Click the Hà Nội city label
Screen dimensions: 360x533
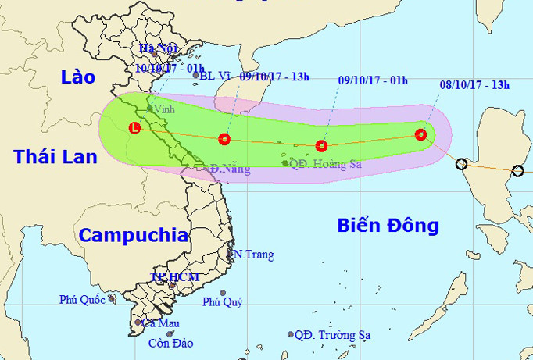click(159, 48)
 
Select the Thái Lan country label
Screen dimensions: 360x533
click(55, 157)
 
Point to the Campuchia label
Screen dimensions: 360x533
click(134, 235)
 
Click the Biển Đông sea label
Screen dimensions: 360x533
click(388, 226)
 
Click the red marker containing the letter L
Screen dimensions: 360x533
click(135, 127)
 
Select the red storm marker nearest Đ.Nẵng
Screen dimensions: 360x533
click(224, 140)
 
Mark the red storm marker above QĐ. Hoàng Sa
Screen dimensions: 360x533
click(320, 145)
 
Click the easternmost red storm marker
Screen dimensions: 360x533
click(421, 134)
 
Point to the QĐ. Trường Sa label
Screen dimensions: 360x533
click(332, 334)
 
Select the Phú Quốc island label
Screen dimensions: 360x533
click(84, 299)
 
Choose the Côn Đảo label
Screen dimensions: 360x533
click(170, 343)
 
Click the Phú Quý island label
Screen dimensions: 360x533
click(223, 302)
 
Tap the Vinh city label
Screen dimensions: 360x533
click(165, 109)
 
